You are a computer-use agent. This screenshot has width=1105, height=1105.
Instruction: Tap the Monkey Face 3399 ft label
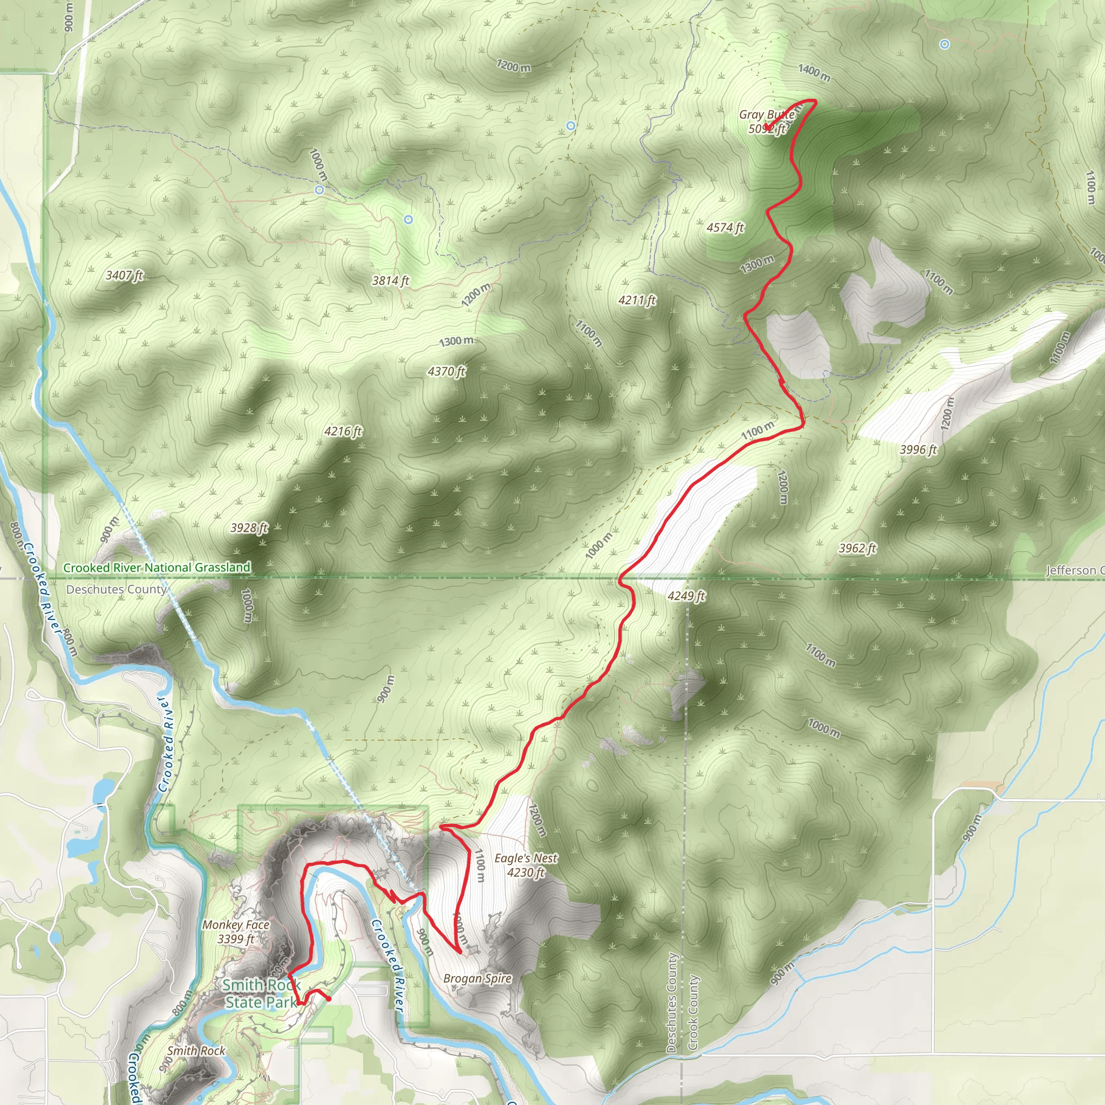(x=236, y=932)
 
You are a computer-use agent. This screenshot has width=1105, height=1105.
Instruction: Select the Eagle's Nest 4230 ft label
(x=526, y=865)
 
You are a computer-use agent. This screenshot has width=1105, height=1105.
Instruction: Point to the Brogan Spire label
(x=478, y=978)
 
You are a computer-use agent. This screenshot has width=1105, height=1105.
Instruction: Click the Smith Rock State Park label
(x=261, y=993)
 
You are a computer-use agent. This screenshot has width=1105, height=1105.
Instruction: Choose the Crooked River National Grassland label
(x=156, y=568)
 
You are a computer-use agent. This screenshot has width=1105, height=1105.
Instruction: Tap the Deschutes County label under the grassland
(x=117, y=589)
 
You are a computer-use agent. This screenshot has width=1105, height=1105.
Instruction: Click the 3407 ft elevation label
(x=124, y=275)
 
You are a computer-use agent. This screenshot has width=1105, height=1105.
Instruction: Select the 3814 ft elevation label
(x=391, y=280)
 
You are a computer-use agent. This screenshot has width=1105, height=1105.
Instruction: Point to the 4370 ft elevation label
(x=447, y=371)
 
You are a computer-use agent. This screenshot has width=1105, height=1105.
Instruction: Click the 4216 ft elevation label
(x=343, y=431)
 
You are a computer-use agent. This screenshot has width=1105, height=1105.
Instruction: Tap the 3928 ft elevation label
(x=249, y=527)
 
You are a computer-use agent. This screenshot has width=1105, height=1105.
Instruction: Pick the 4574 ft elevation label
(x=725, y=228)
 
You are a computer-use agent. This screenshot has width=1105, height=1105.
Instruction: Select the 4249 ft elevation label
(x=686, y=596)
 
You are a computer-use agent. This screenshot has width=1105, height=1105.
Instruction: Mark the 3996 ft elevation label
(x=918, y=449)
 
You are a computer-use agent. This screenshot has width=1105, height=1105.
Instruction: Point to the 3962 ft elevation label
(x=857, y=548)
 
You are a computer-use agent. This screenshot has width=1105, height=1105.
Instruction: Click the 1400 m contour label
(x=814, y=73)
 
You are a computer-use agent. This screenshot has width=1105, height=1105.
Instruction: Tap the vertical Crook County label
(x=693, y=1012)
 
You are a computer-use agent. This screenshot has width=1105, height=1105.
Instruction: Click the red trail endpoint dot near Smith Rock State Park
(x=328, y=999)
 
